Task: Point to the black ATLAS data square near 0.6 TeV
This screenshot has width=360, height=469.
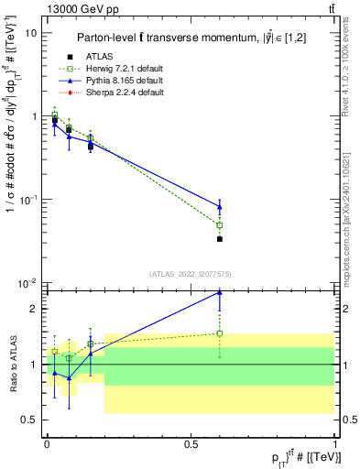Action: (220, 239)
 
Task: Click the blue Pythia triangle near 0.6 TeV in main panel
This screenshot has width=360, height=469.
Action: (220, 206)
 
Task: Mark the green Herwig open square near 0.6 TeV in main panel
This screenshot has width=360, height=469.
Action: (220, 225)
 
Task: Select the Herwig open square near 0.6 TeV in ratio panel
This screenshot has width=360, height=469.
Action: (220, 333)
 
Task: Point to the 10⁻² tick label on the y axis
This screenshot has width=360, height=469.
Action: (29, 282)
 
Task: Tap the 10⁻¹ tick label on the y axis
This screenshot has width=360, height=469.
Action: (29, 199)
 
